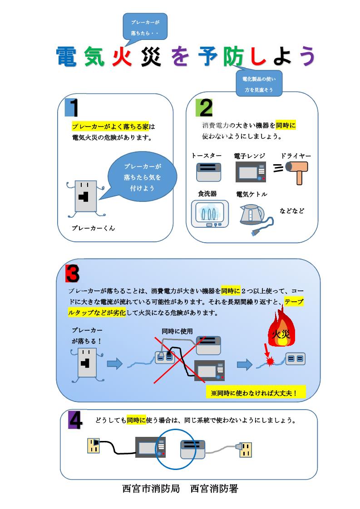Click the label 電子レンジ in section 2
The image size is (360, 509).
click(249, 156)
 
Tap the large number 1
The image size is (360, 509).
click(73, 108)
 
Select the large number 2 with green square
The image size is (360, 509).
click(204, 108)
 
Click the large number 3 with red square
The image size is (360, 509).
click(73, 273)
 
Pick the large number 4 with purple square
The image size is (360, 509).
click(75, 421)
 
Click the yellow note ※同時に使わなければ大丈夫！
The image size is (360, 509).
click(254, 392)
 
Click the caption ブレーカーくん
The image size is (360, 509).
click(94, 228)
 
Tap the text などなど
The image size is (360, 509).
click(292, 211)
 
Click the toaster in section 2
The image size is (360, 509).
click(208, 172)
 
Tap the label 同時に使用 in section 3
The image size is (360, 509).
click(177, 332)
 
